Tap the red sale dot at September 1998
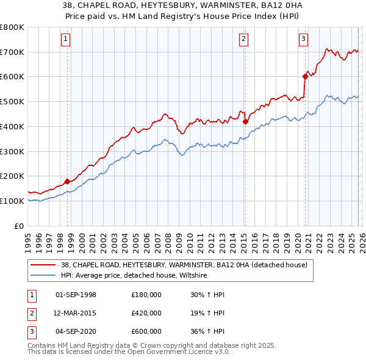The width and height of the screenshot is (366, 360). pyautogui.click(x=67, y=181)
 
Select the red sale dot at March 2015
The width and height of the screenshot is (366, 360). pyautogui.click(x=245, y=121)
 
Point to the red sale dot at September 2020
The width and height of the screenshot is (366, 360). pyautogui.click(x=304, y=76)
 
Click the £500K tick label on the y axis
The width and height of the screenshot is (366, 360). pyautogui.click(x=12, y=101)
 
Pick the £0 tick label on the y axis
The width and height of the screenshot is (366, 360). pyautogui.click(x=19, y=226)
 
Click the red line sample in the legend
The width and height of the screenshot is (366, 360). pyautogui.click(x=43, y=265)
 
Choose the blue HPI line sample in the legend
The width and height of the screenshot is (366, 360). pyautogui.click(x=43, y=275)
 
